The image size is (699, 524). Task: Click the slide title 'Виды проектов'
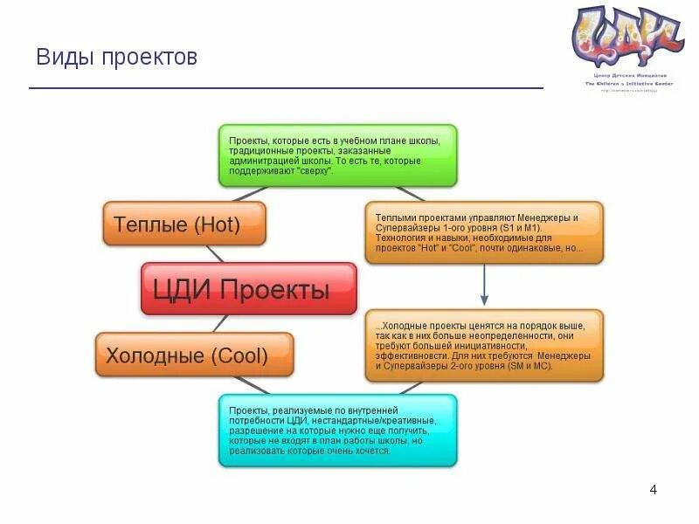coord(116,58)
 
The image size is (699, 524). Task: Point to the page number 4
coord(653,489)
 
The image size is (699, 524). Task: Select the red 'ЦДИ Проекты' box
coord(249,289)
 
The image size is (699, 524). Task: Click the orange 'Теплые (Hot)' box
coord(183,224)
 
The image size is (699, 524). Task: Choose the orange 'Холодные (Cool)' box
coord(194,355)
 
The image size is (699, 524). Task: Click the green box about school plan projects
coord(337,155)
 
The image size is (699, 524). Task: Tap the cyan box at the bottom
coord(337,430)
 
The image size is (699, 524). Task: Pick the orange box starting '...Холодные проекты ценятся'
coord(483,345)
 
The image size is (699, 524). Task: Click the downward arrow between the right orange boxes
coord(484,286)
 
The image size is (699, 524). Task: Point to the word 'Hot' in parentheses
coord(217,224)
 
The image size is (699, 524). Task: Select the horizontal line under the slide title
coord(286,88)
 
